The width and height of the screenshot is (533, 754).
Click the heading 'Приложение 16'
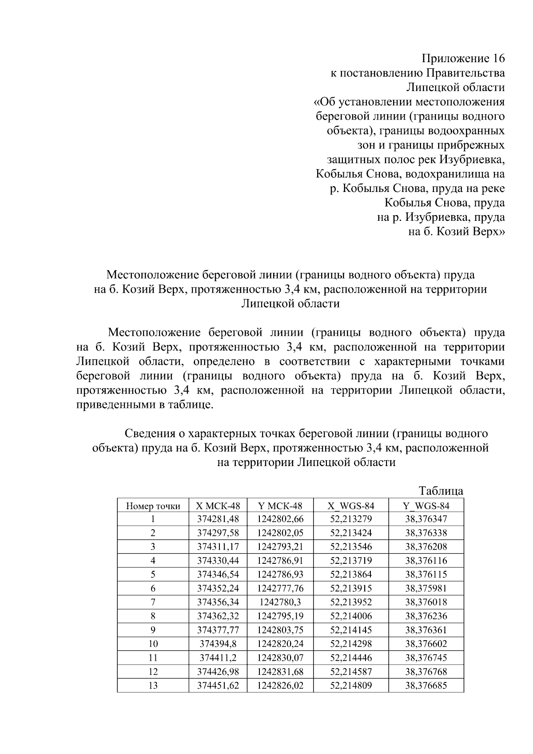463,59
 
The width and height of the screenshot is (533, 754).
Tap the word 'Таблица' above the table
441,491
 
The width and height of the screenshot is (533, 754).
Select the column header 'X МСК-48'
218,506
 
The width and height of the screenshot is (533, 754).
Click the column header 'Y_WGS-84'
426,506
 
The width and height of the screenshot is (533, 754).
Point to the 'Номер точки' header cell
153,506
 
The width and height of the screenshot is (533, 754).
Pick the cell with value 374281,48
218,519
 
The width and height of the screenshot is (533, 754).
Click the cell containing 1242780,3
280,602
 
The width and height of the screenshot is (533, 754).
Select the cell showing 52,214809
351,686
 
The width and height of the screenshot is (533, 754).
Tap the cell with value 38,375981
426,588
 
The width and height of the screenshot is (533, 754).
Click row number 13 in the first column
153,686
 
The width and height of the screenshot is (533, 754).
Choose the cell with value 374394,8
218,644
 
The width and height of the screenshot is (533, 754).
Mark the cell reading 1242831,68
280,672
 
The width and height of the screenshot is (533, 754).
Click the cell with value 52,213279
351,519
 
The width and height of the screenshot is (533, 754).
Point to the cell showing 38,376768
426,672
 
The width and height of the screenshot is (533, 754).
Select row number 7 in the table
153,602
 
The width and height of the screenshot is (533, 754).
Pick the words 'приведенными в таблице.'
145,405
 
